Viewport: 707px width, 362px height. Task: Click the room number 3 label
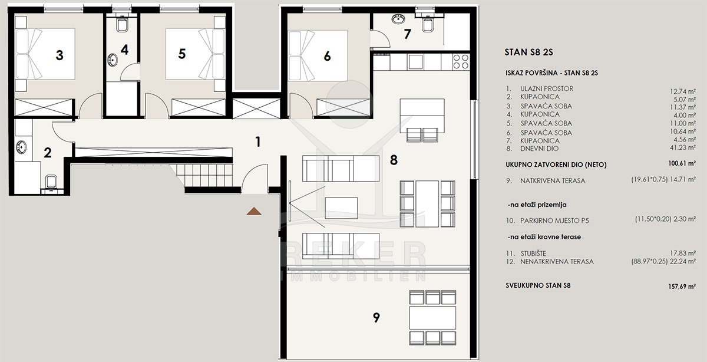[x=60, y=55]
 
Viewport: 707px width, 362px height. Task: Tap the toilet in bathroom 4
[x=121, y=23]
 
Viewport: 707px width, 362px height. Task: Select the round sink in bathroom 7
[x=398, y=19]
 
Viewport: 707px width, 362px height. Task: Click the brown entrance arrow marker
[x=254, y=211]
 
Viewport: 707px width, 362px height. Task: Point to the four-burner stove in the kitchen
[x=461, y=61]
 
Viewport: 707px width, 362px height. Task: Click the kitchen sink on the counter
[x=415, y=62]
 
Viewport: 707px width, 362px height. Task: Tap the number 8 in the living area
[x=394, y=160]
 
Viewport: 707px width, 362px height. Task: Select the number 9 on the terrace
[x=376, y=317]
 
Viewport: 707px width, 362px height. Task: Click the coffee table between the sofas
[x=341, y=208]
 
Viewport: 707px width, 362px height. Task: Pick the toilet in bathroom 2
[x=51, y=183]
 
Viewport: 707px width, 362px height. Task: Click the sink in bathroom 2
[x=21, y=147]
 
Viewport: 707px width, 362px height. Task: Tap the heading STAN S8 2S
[x=528, y=52]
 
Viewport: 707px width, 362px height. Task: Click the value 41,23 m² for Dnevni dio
[x=683, y=147]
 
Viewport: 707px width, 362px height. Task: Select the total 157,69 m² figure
[x=682, y=287]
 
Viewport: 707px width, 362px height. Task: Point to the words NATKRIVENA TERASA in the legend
[x=553, y=180]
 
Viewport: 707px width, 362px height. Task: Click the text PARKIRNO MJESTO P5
[x=554, y=221]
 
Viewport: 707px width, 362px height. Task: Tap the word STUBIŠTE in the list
[x=533, y=254]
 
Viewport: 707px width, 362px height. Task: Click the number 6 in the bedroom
[x=328, y=56]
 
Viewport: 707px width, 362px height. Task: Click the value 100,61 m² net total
[x=682, y=163]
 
